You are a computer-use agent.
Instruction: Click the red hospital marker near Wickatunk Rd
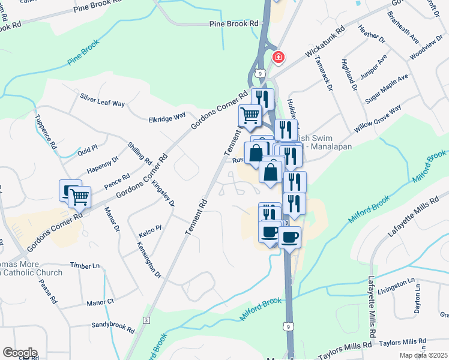(x=278, y=58)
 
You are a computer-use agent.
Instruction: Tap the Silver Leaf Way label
(x=103, y=100)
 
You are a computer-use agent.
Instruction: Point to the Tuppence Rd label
(x=46, y=131)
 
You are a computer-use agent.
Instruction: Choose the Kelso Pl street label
(x=150, y=228)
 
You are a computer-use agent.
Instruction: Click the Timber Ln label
(x=84, y=265)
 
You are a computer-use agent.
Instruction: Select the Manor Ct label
(x=100, y=302)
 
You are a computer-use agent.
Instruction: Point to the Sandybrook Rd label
(x=113, y=326)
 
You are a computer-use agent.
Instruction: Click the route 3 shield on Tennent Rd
(x=146, y=321)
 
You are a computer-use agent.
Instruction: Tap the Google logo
(x=20, y=353)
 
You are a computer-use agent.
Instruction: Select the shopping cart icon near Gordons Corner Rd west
(x=79, y=196)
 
